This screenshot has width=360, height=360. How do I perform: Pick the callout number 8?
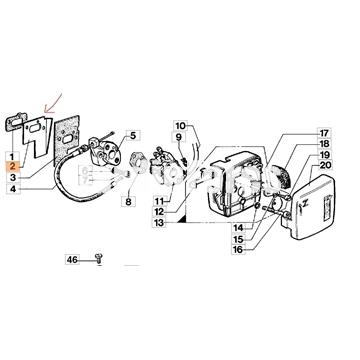[128, 202]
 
